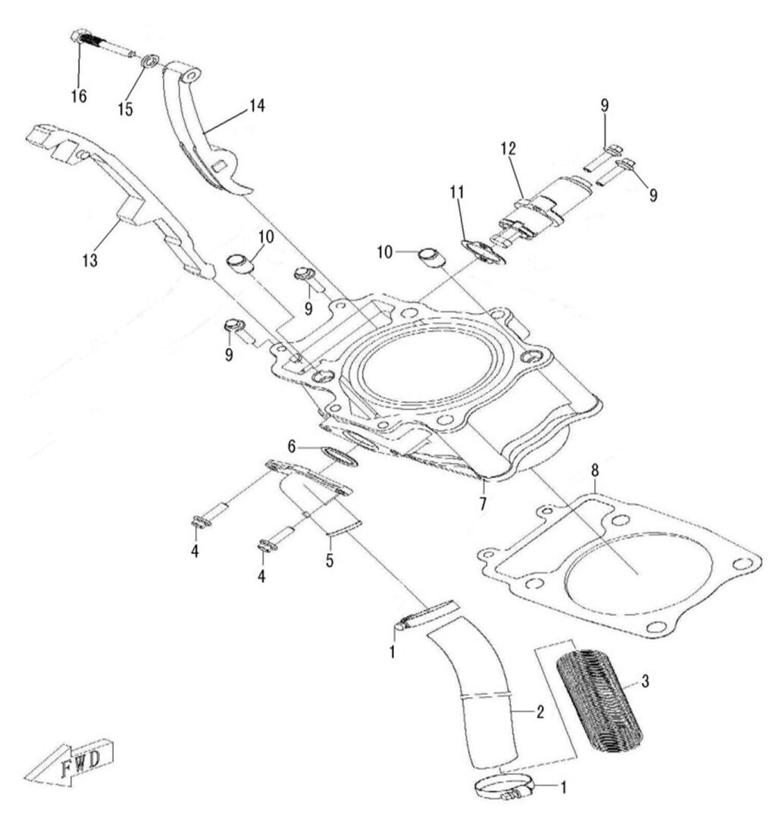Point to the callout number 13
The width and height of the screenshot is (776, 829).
tap(91, 261)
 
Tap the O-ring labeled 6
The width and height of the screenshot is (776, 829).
tap(339, 455)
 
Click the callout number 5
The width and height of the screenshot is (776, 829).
tap(330, 561)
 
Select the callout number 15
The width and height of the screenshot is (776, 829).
tap(125, 109)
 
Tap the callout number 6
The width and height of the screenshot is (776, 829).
tap(293, 445)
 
